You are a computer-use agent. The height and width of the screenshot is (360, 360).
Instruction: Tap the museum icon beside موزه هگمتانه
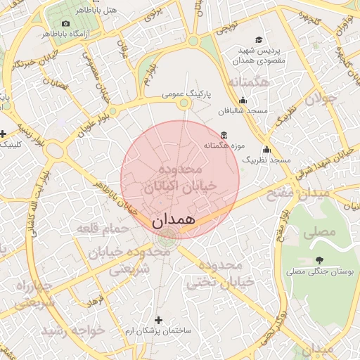[x=224, y=134]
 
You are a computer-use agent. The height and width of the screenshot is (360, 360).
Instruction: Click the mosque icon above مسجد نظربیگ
[x=266, y=149]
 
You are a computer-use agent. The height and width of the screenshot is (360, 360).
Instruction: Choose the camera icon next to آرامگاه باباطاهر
[x=66, y=23]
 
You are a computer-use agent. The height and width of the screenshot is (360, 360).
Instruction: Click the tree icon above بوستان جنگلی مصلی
[x=320, y=260]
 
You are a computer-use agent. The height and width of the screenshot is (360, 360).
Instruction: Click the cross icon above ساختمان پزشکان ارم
[x=158, y=319]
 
